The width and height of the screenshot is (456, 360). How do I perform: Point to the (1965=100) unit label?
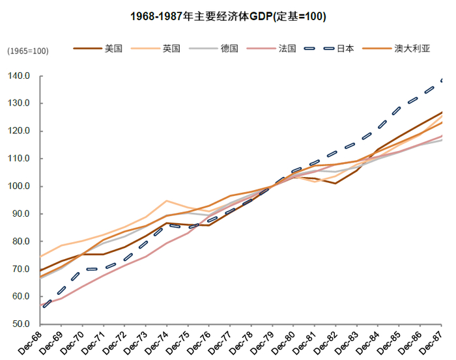pos(28,51)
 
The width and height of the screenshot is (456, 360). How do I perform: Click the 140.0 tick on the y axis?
pos(20,76)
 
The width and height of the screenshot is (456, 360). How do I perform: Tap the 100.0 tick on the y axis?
pos(20,186)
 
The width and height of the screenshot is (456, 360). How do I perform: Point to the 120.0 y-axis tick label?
pos(20,131)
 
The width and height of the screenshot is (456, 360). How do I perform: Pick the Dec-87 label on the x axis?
pos(432,342)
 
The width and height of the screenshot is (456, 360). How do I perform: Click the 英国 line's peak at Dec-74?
pos(167,201)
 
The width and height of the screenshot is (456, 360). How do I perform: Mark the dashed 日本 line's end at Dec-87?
pos(442,80)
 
